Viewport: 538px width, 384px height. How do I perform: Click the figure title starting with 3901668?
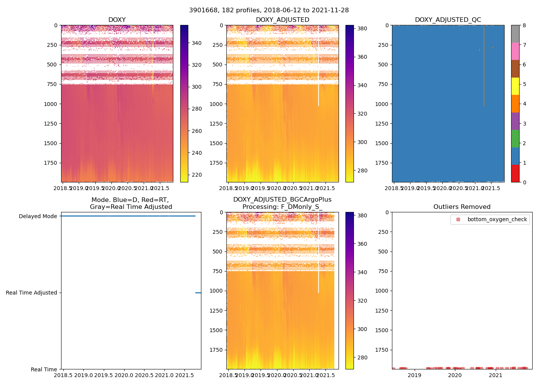pyautogui.click(x=269, y=10)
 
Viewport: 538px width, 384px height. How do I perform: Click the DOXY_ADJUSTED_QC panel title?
pyautogui.click(x=448, y=20)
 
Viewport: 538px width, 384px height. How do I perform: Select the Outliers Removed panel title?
pyautogui.click(x=462, y=207)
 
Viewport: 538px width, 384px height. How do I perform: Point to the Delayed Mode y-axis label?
pyautogui.click(x=38, y=217)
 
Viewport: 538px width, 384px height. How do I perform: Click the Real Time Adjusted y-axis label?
pyautogui.click(x=31, y=293)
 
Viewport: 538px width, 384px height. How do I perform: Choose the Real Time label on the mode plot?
pyautogui.click(x=44, y=370)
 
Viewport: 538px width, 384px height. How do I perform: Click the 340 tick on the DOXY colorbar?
pyautogui.click(x=196, y=43)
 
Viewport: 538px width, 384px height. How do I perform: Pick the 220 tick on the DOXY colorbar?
pyautogui.click(x=196, y=175)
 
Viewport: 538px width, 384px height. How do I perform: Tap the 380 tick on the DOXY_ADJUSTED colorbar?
pyautogui.click(x=362, y=28)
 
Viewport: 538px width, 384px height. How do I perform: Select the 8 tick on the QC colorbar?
pyautogui.click(x=524, y=25)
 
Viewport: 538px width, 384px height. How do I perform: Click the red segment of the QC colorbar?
pyautogui.click(x=515, y=173)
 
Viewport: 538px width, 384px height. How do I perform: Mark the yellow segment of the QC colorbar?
pyautogui.click(x=515, y=86)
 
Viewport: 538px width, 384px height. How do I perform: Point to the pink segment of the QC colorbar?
pyautogui.click(x=515, y=51)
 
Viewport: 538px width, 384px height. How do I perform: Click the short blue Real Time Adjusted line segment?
pyautogui.click(x=198, y=293)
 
